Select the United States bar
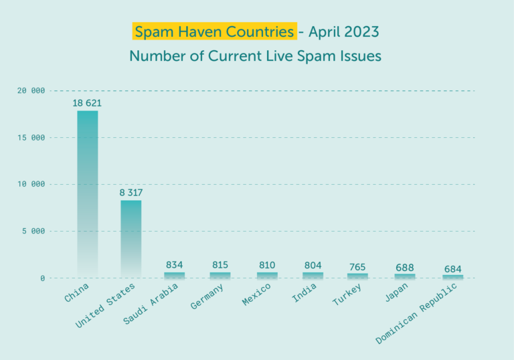pyautogui.click(x=131, y=238)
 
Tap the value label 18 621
pyautogui.click(x=88, y=103)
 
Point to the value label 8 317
pyautogui.click(x=131, y=193)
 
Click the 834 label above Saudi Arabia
pyautogui.click(x=175, y=265)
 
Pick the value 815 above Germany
pyautogui.click(x=220, y=265)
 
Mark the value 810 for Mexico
pyautogui.click(x=266, y=265)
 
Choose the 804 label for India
pyautogui.click(x=313, y=265)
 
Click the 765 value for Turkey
pyautogui.click(x=357, y=267)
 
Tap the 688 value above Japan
pyautogui.click(x=404, y=268)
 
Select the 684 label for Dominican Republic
pyautogui.click(x=452, y=269)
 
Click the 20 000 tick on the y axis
pyautogui.click(x=31, y=91)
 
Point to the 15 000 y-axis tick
pyautogui.click(x=31, y=138)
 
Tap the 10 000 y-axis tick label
pyautogui.click(x=31, y=185)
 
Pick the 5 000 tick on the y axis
pyautogui.click(x=33, y=232)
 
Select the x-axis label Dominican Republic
pyautogui.click(x=417, y=312)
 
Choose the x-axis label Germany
pyautogui.click(x=207, y=296)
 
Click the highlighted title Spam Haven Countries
pyautogui.click(x=215, y=31)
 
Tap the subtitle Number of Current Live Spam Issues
pyautogui.click(x=256, y=56)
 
